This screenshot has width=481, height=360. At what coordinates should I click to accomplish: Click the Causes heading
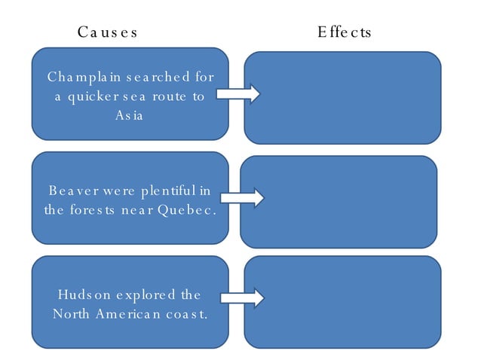107,32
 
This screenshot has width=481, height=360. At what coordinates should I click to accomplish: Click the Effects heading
344,32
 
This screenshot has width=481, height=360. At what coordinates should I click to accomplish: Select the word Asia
129,116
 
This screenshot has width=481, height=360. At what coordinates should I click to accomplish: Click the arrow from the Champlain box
238,94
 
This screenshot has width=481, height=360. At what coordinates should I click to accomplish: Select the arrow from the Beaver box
242,199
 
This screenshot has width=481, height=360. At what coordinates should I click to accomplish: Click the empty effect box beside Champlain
342,97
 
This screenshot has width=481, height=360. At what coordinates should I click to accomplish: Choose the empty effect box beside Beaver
339,201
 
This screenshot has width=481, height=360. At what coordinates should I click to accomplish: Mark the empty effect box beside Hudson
342,301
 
